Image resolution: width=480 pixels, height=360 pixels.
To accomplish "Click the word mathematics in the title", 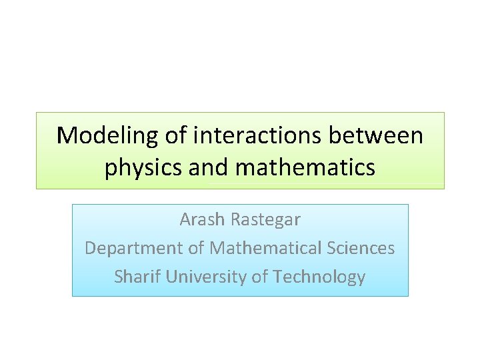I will coord(305,167).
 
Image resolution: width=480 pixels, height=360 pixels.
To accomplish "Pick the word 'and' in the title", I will coord(208,167).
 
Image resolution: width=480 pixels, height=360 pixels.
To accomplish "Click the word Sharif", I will coord(137,276).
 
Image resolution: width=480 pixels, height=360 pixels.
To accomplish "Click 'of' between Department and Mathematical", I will coord(196,247).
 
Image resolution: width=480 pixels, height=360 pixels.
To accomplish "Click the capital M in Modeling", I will coord(66,136).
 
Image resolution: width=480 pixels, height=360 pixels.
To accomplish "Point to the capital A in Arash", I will coord(185,219).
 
